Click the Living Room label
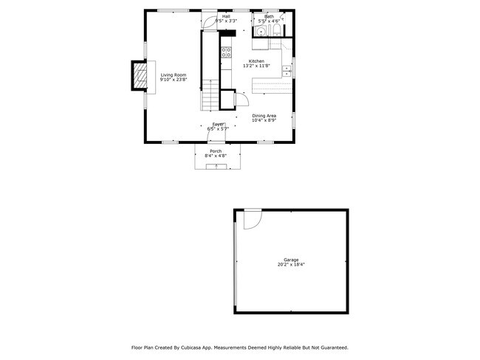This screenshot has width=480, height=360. (174, 74)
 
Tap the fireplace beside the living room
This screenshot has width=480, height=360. (138, 77)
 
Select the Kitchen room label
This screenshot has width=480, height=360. (256, 61)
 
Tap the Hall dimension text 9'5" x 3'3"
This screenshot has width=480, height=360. (226, 21)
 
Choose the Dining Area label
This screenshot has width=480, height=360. (264, 115)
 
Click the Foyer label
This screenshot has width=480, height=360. (218, 124)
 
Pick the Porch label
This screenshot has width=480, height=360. (216, 151)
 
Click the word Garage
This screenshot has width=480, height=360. (291, 260)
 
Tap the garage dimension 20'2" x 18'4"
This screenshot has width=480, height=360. (291, 265)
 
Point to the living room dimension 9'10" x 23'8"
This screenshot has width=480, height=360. (174, 79)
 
